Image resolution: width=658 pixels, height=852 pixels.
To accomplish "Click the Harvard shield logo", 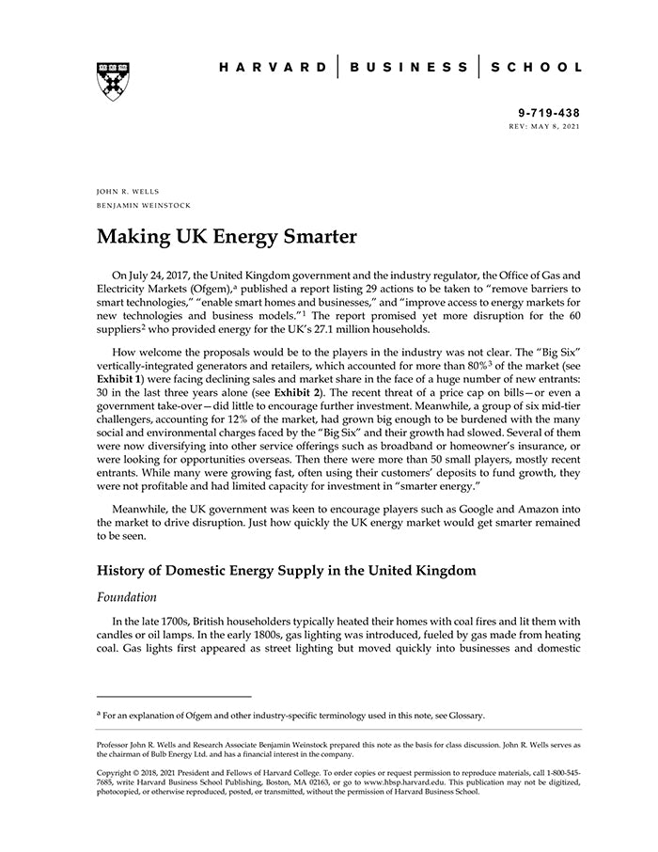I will (x=113, y=82).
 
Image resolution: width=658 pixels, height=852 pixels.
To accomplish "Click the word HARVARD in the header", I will (x=273, y=68).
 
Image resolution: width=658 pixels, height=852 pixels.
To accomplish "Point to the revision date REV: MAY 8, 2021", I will (x=544, y=125).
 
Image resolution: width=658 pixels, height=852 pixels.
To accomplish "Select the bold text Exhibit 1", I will (x=119, y=379).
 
